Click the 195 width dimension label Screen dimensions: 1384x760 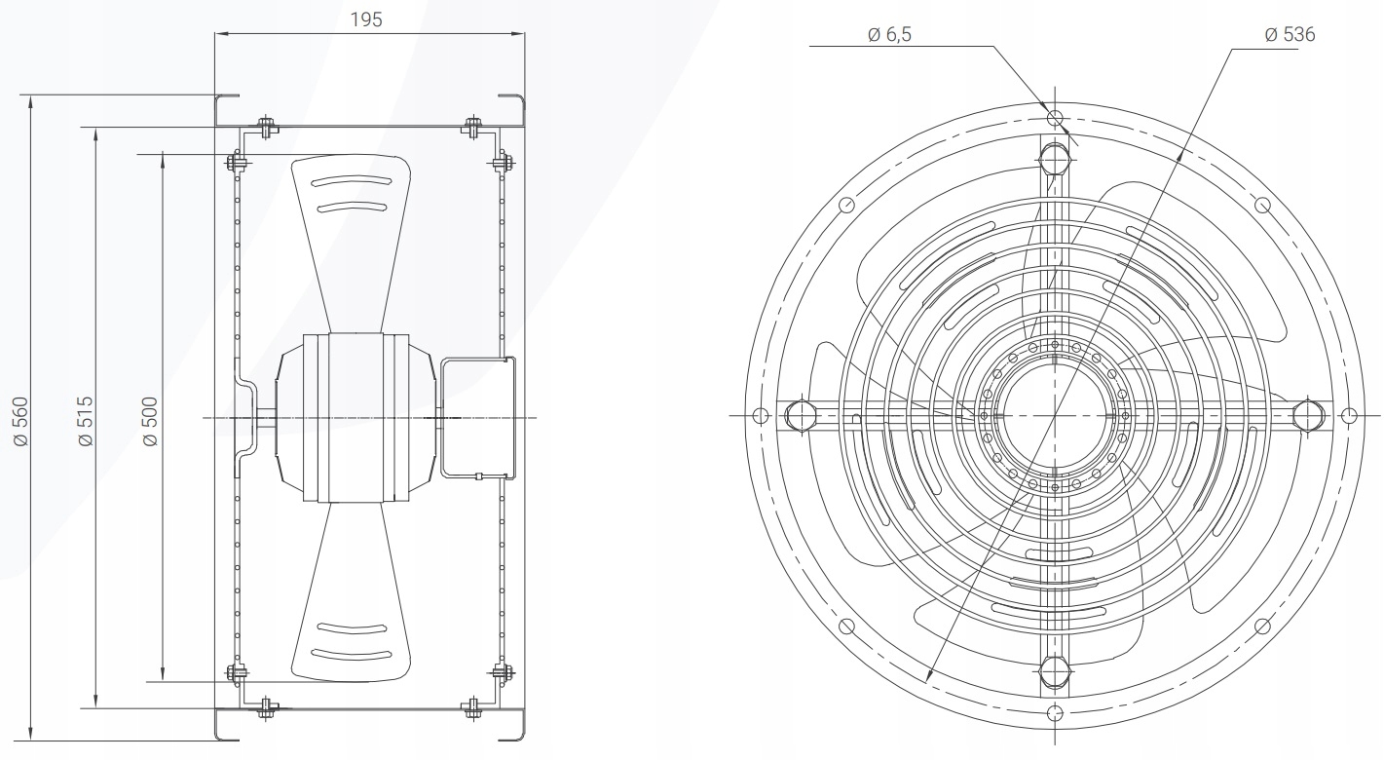[368, 19]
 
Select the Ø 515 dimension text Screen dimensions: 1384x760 [85, 421]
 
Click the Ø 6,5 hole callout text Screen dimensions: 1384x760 [890, 35]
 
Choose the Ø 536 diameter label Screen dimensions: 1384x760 [1290, 35]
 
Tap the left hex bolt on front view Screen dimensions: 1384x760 [798, 414]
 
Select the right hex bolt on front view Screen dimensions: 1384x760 [1309, 414]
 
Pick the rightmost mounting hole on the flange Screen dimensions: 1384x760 [1349, 415]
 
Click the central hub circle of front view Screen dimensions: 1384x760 [1054, 415]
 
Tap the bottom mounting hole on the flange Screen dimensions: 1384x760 [1054, 711]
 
